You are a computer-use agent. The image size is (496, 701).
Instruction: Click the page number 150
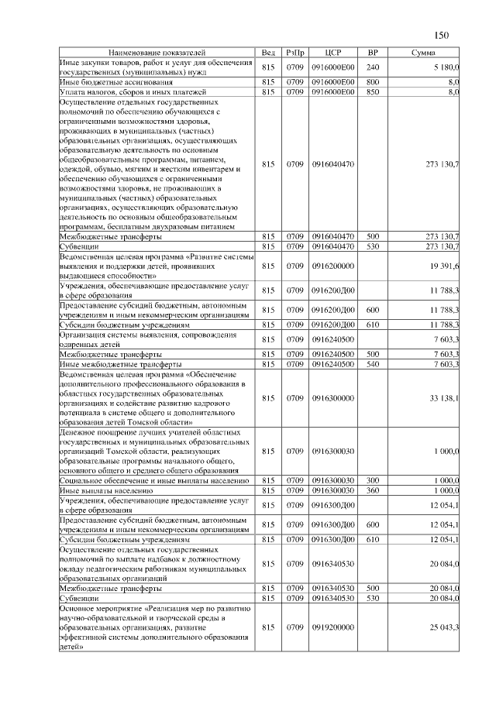[x=442, y=35]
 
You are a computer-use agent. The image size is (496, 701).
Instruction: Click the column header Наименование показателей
[x=156, y=53]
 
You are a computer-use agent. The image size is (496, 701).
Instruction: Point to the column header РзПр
[x=294, y=53]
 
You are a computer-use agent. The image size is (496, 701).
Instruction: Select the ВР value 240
[x=372, y=67]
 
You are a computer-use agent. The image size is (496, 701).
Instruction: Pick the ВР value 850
[x=372, y=91]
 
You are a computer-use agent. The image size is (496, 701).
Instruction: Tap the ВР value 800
[x=372, y=81]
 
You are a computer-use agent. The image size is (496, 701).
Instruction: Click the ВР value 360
[x=372, y=490]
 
